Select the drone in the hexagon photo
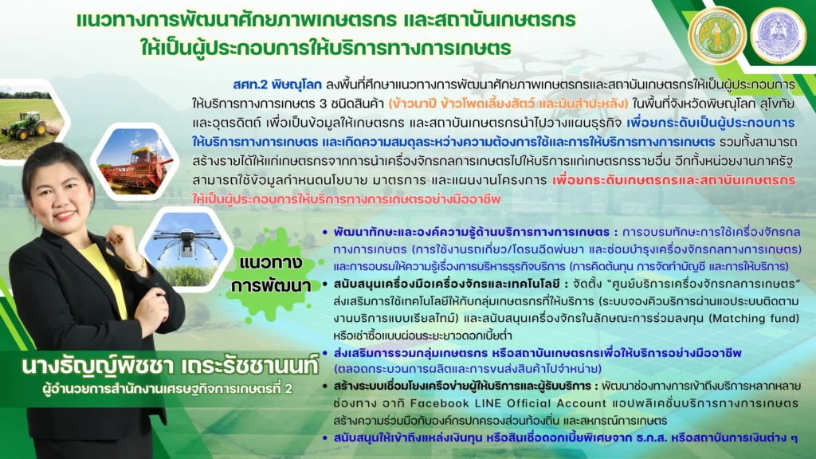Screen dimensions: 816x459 [186, 241]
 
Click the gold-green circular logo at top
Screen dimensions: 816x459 [717, 35]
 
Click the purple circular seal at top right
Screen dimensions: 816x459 [778, 35]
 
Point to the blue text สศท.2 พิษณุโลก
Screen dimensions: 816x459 [277, 84]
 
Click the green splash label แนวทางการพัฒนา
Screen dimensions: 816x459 [271, 274]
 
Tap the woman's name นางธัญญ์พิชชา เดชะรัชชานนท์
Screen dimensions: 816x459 [170, 367]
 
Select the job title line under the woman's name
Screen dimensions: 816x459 [167, 389]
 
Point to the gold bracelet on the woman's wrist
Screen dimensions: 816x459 [136, 266]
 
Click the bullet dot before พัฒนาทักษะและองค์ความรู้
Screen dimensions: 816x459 [325, 232]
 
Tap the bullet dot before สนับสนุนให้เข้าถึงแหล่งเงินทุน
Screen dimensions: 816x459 [325, 438]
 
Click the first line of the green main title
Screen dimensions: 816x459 [326, 20]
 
